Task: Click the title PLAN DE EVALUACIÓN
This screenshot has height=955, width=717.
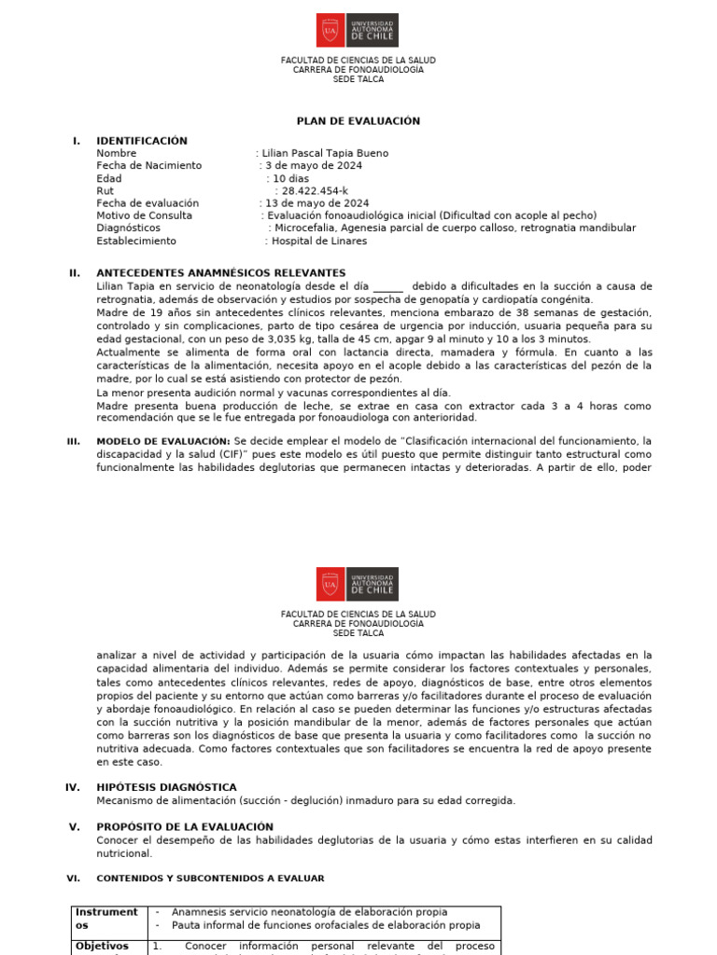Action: [x=358, y=121]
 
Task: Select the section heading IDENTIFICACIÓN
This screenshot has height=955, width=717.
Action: [x=142, y=141]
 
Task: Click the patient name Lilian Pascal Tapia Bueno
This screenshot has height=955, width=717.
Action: [x=325, y=153]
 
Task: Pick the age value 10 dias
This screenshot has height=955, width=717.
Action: [x=290, y=178]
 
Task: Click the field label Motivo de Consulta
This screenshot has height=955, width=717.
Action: [x=144, y=215]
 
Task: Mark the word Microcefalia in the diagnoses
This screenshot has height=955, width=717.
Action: [x=307, y=228]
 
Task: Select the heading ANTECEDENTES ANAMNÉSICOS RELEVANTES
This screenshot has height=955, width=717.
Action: [x=207, y=273]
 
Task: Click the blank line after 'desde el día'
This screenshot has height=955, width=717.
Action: [x=388, y=287]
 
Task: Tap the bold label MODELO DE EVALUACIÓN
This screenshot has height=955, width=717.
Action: [x=162, y=441]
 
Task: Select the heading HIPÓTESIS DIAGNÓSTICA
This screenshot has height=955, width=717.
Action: [x=166, y=787]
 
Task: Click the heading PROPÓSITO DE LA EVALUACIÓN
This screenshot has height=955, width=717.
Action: [x=185, y=827]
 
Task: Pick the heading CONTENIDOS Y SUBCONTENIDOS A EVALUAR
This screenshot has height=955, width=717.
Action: [x=210, y=879]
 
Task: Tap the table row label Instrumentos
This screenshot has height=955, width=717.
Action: [x=106, y=919]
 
